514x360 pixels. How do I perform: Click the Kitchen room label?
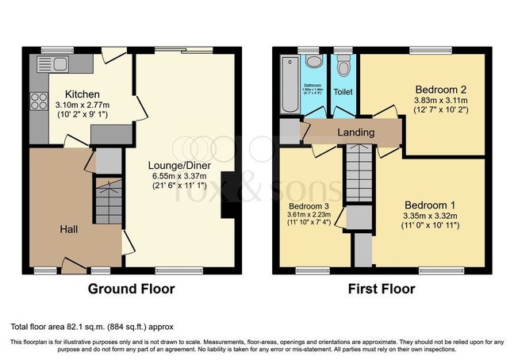82,93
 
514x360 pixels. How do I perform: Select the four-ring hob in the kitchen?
38,101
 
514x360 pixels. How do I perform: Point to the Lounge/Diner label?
178,165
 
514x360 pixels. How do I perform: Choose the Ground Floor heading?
131,289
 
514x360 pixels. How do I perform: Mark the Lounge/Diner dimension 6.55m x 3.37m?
178,176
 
